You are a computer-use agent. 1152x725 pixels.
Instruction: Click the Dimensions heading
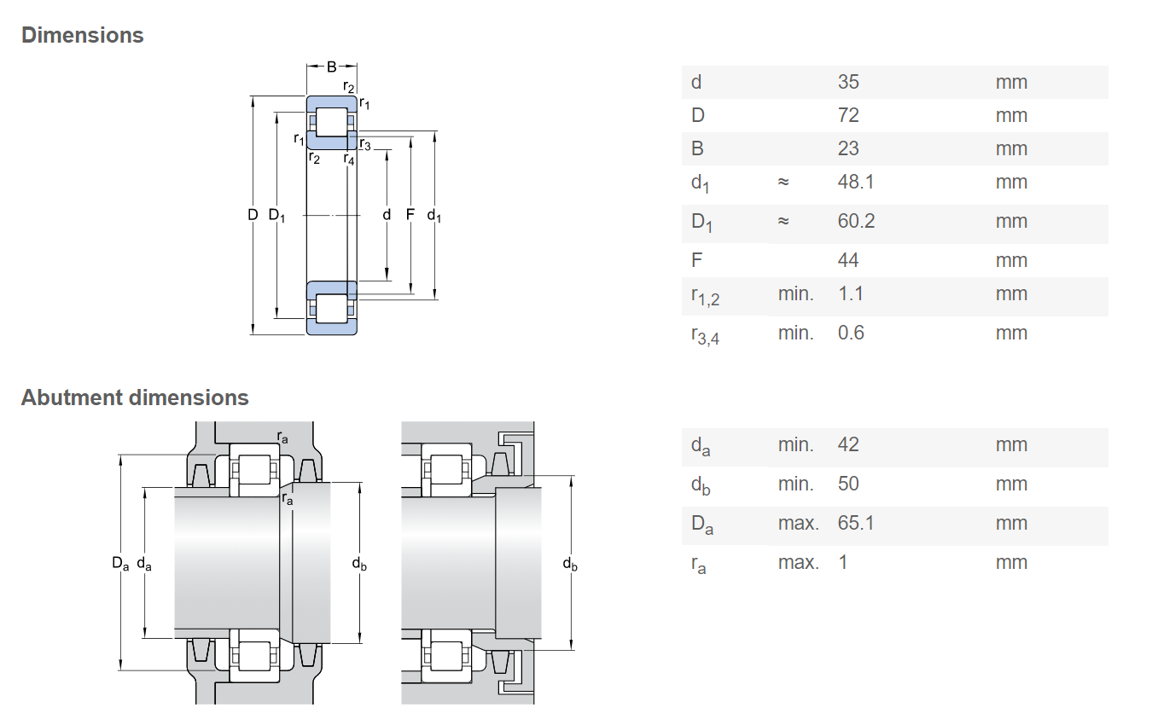pyautogui.click(x=82, y=36)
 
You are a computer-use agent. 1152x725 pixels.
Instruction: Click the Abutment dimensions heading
pyautogui.click(x=135, y=397)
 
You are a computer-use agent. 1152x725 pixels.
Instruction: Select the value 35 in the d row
pyautogui.click(x=848, y=82)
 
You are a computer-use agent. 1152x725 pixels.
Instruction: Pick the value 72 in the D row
pyautogui.click(x=848, y=115)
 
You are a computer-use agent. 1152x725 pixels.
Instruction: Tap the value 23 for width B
pyautogui.click(x=848, y=148)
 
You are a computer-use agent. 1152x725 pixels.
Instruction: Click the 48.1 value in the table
pyautogui.click(x=856, y=182)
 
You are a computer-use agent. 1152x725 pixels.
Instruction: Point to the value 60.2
pyautogui.click(x=856, y=221)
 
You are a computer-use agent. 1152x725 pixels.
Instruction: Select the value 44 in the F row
pyautogui.click(x=848, y=260)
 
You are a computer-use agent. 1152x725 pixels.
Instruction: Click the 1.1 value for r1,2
pyautogui.click(x=851, y=293)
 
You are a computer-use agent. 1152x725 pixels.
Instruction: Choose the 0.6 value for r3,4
pyautogui.click(x=851, y=333)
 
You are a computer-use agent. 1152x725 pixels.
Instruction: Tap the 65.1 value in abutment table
pyautogui.click(x=856, y=523)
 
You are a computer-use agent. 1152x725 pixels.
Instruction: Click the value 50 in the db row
pyautogui.click(x=848, y=484)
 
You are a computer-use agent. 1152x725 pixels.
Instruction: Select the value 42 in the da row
pyautogui.click(x=848, y=444)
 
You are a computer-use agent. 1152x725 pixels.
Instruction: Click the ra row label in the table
pyautogui.click(x=698, y=564)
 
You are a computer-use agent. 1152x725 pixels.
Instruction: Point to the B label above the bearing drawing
pyautogui.click(x=332, y=67)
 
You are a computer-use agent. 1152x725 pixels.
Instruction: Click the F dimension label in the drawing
pyautogui.click(x=410, y=214)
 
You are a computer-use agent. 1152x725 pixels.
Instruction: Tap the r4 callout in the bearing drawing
pyautogui.click(x=349, y=159)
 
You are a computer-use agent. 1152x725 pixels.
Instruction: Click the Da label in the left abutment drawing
pyautogui.click(x=120, y=564)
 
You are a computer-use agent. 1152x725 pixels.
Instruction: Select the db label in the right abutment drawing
pyautogui.click(x=570, y=564)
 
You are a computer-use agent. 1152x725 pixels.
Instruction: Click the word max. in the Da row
pyautogui.click(x=798, y=523)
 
